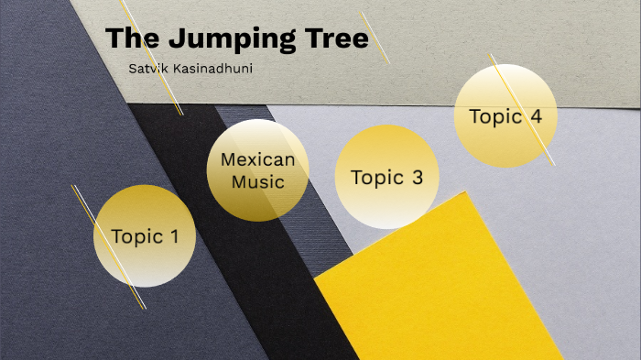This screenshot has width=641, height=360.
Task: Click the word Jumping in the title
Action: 233,39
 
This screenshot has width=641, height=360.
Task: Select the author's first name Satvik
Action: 148,70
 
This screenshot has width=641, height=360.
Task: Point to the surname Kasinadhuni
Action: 212,70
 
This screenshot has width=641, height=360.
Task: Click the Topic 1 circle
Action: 145,236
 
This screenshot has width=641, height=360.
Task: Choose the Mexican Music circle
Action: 258,170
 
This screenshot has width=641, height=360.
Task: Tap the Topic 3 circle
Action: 386,178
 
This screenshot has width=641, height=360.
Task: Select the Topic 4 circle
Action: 505,116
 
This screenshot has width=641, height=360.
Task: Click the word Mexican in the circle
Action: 258,159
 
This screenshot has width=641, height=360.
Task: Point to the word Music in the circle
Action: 258,181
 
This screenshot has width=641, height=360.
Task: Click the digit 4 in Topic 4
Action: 536,116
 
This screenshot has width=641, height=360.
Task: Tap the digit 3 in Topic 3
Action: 417,178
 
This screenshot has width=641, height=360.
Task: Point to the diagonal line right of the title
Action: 375,38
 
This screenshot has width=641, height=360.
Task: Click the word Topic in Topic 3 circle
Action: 376,178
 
